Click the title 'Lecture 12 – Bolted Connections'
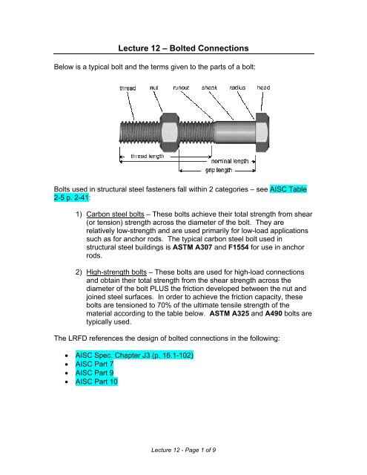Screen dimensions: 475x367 (184, 49)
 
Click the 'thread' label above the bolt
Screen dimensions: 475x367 (131, 88)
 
